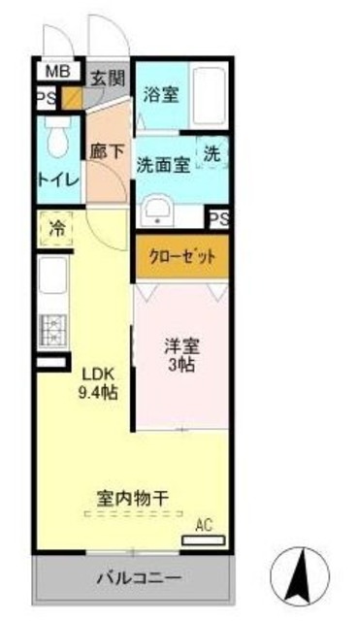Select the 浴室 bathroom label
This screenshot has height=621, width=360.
click(160, 94)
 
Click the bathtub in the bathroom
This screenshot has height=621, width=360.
click(208, 98)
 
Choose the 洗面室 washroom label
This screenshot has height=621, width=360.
click(162, 165)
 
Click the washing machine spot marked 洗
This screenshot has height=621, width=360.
click(213, 153)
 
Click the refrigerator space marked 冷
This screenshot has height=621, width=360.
click(55, 231)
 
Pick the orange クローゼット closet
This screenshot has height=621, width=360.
click(181, 257)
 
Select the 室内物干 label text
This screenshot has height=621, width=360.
click(133, 498)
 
